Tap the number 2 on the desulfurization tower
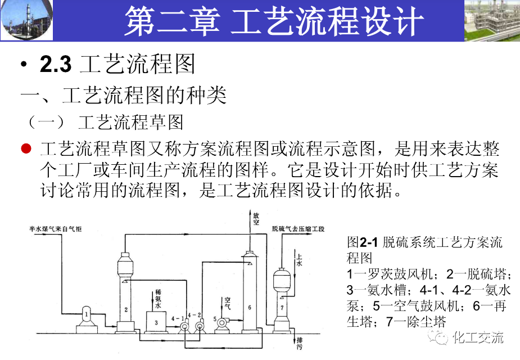point(126,309)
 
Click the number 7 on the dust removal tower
point(282,308)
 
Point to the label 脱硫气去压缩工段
point(297,229)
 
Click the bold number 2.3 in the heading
point(56,65)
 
